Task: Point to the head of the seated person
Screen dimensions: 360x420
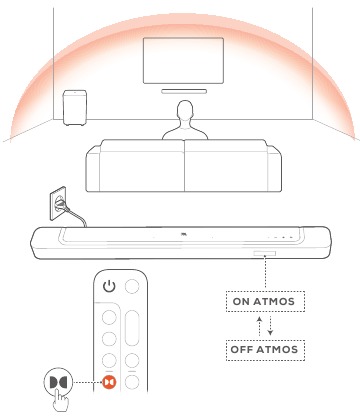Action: pyautogui.click(x=184, y=112)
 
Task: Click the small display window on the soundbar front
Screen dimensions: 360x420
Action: pyautogui.click(x=267, y=254)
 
